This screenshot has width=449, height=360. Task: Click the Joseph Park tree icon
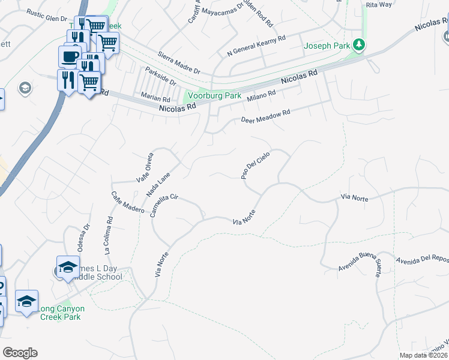click(x=359, y=44)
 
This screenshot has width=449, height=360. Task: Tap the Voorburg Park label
click(x=215, y=96)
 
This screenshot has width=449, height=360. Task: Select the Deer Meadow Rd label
click(x=265, y=116)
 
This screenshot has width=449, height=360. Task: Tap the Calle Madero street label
click(x=127, y=202)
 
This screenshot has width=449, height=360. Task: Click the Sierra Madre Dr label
click(x=179, y=63)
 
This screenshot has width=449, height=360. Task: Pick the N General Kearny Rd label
click(x=256, y=46)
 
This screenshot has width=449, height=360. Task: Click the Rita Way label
click(x=379, y=4)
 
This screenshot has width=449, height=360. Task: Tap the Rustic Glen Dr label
click(x=47, y=19)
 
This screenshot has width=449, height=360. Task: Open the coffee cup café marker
click(x=70, y=56)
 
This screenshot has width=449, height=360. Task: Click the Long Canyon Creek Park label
click(x=62, y=313)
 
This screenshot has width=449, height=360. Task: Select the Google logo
click(x=20, y=353)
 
